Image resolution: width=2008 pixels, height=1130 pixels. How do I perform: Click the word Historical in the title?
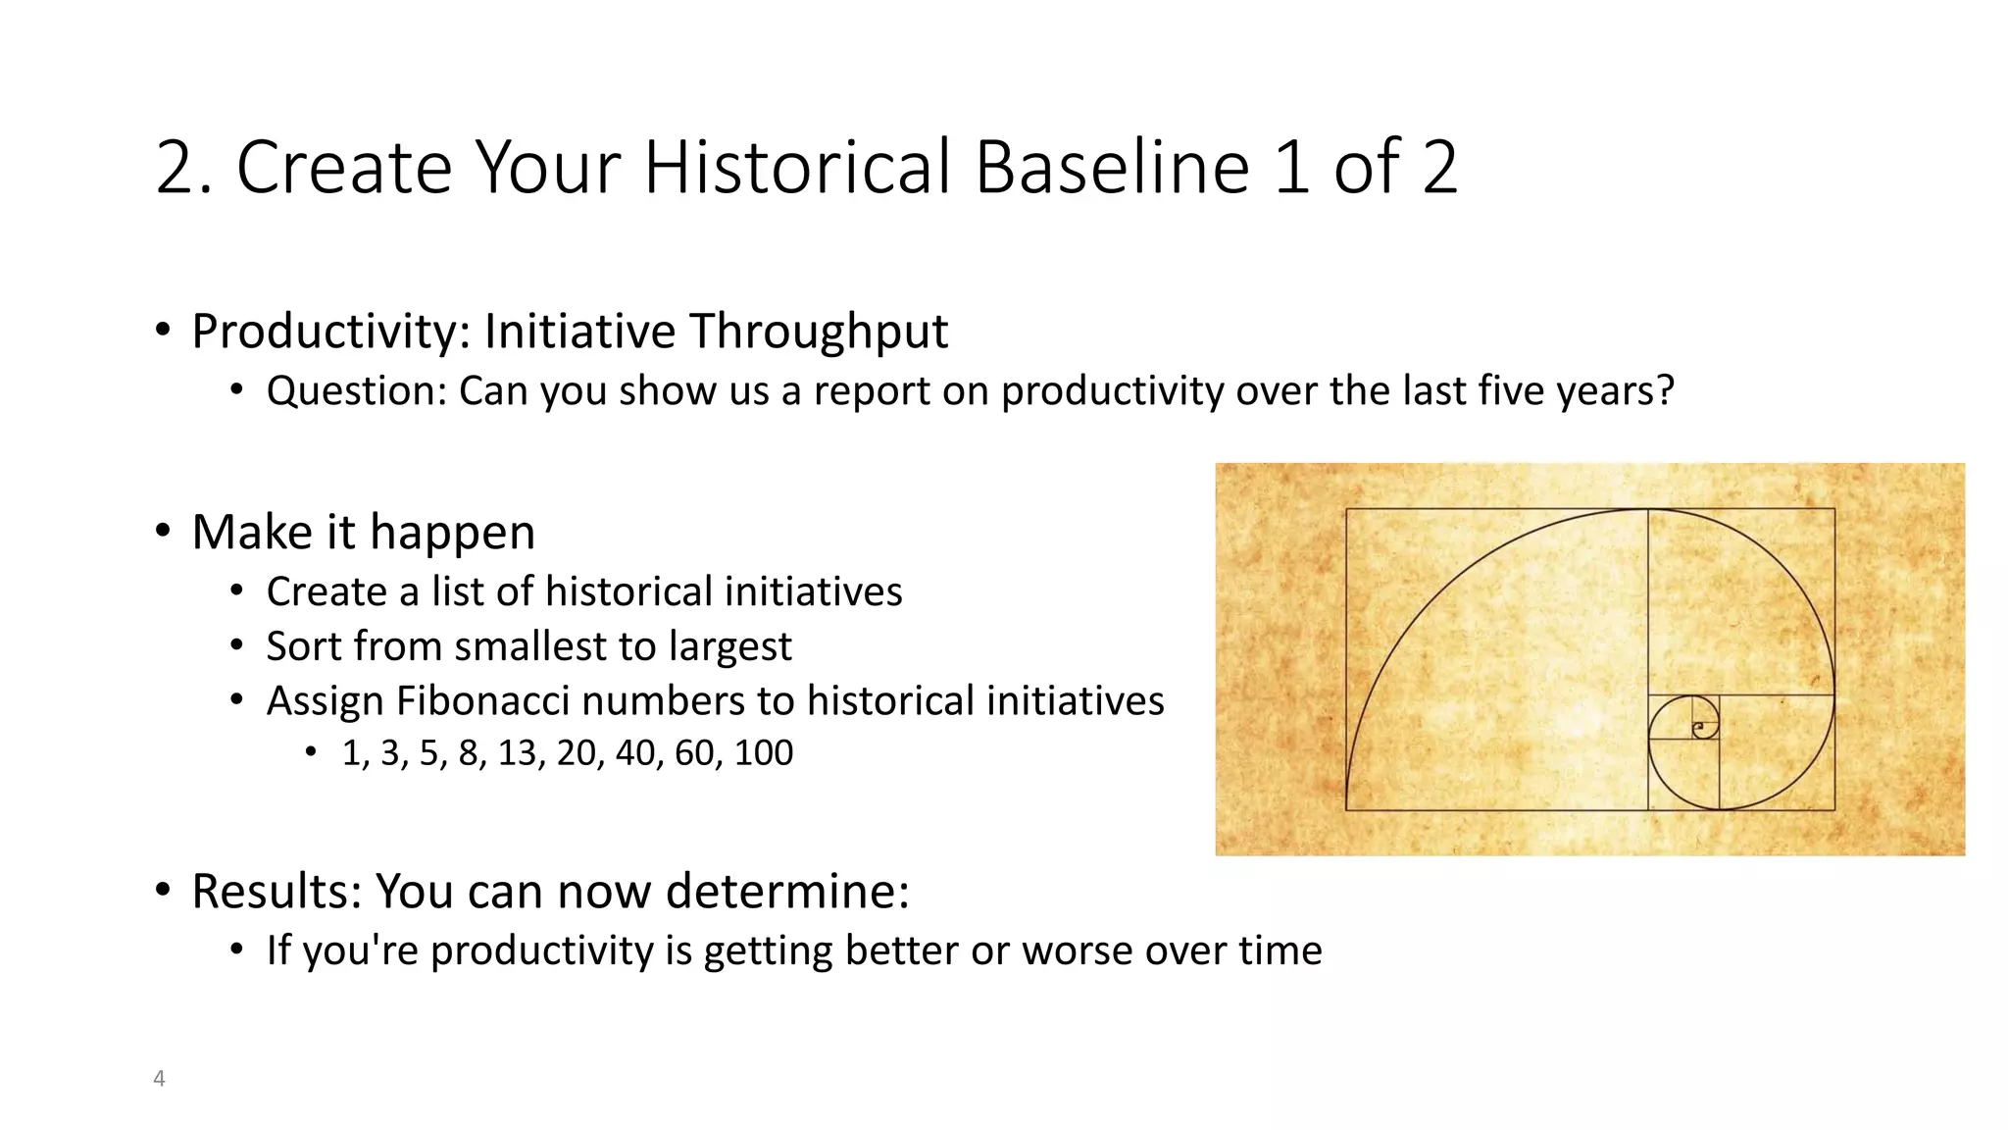click(798, 167)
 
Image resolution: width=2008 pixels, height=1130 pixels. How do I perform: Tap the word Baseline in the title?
click(1113, 167)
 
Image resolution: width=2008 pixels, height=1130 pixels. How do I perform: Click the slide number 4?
click(159, 1078)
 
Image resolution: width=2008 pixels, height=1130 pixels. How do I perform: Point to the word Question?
click(356, 391)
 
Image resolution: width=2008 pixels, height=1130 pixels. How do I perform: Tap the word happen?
click(452, 533)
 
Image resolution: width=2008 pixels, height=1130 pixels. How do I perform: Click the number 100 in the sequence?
click(763, 753)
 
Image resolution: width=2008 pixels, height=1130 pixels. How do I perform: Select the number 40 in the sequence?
click(635, 753)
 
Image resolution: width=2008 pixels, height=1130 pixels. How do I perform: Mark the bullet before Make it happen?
click(163, 531)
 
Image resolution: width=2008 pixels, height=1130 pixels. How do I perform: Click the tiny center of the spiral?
click(1698, 728)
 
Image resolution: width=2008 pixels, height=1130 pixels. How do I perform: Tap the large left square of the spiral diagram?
click(1496, 659)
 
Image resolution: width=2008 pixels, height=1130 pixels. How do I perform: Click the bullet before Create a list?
click(236, 591)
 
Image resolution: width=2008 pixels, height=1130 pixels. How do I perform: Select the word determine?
click(787, 892)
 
